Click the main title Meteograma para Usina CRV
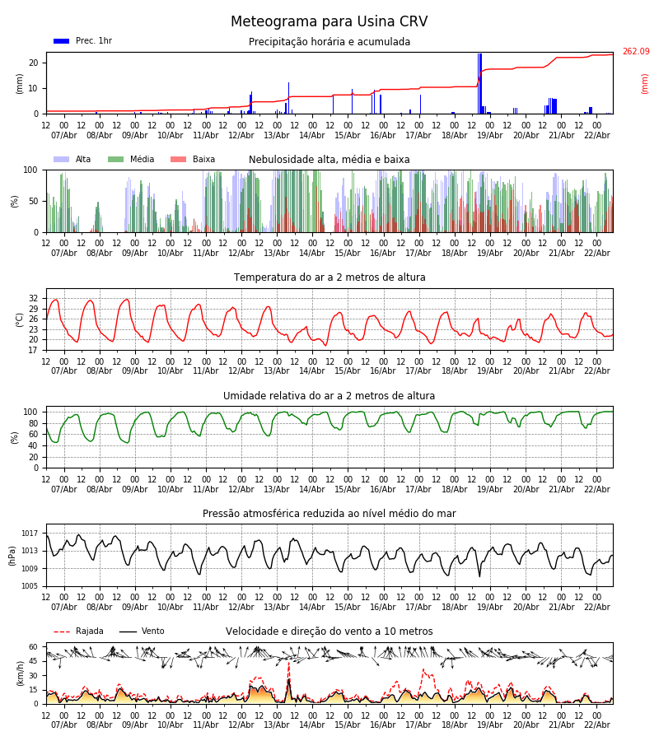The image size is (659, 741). (329, 22)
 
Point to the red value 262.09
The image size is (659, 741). (635, 52)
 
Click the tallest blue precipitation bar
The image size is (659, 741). (479, 82)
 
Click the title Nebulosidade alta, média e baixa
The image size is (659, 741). (329, 160)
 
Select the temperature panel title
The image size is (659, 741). (329, 277)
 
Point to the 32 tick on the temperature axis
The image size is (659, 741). (34, 298)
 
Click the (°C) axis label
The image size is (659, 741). (20, 319)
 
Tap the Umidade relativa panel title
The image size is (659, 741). (329, 396)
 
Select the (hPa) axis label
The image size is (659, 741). (12, 555)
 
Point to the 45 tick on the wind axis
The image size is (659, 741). (34, 660)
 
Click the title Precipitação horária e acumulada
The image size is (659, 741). (329, 42)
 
